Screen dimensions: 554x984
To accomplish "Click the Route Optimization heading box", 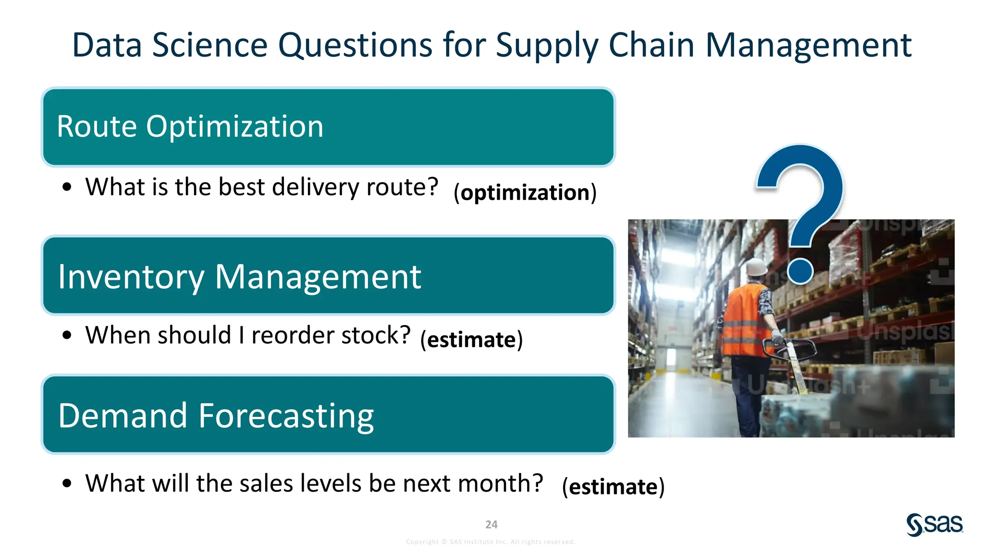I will [328, 127].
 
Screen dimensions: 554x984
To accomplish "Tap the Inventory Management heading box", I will [328, 276].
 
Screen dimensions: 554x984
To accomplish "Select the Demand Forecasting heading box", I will [328, 415].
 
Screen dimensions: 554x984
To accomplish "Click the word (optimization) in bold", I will [525, 192].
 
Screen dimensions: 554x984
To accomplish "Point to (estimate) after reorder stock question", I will [471, 340].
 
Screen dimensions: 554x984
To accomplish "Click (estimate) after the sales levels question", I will [613, 486].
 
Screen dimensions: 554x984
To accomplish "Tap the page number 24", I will [491, 524].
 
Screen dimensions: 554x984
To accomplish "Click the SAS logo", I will [935, 524].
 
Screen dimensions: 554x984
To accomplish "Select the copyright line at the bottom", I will [491, 541].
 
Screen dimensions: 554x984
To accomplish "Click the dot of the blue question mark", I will [800, 271].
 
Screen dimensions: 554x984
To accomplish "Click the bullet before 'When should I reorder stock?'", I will [67, 335].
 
